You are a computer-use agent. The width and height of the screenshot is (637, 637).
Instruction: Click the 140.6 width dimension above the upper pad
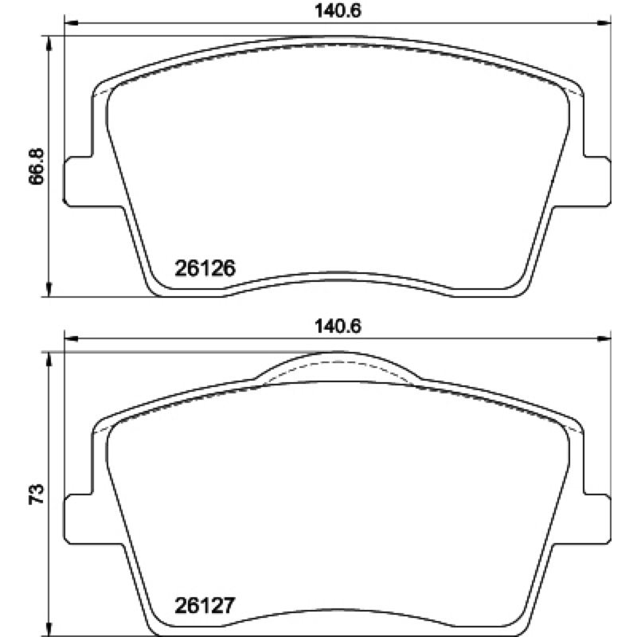[338, 11]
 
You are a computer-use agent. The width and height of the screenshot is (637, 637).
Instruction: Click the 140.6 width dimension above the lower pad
[338, 326]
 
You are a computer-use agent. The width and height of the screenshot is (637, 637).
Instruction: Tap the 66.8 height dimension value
[37, 166]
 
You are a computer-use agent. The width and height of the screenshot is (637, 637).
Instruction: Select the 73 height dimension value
[37, 494]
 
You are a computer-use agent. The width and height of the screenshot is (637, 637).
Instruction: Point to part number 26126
[205, 268]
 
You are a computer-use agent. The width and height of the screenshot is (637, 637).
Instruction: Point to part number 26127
[205, 605]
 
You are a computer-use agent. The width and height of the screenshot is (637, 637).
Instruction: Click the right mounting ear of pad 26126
[596, 181]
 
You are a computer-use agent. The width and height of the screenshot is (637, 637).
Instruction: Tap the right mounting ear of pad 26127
[596, 519]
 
